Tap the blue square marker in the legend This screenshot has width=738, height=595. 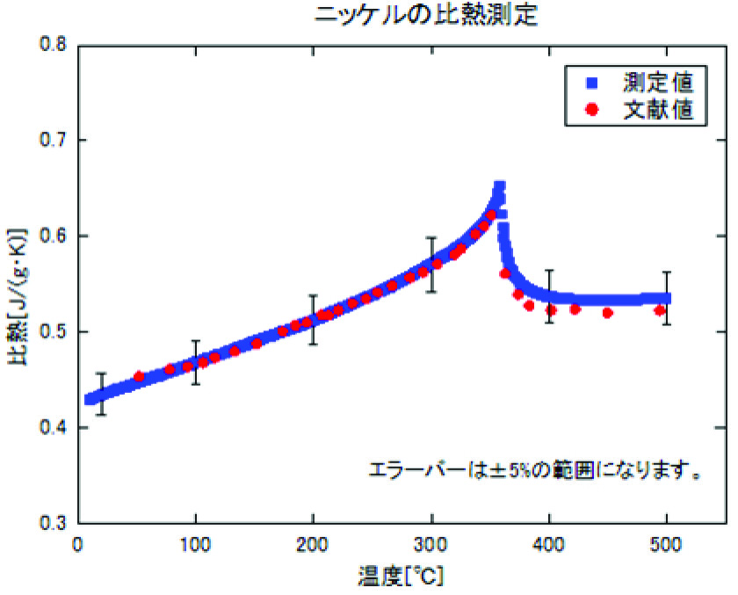coord(592,84)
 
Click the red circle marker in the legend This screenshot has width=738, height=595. coord(592,112)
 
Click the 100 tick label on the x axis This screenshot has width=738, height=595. coord(195,545)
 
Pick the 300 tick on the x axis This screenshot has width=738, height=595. coord(431,545)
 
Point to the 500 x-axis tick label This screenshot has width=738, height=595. coord(667,545)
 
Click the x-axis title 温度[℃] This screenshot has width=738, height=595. coord(401,577)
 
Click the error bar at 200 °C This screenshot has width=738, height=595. coord(313,319)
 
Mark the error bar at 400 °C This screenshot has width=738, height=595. coord(549,296)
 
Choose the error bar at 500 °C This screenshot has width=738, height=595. coord(667,298)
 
